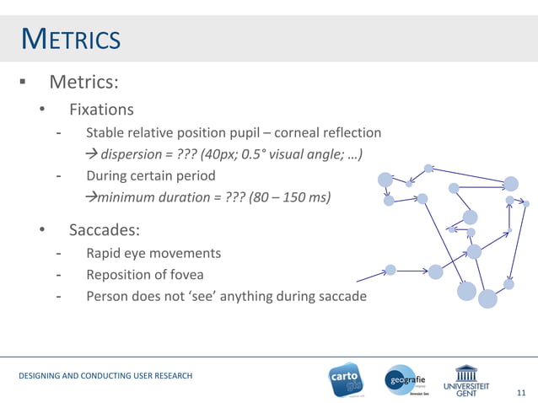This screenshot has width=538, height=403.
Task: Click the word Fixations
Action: (101, 110)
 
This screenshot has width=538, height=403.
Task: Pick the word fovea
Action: (185, 274)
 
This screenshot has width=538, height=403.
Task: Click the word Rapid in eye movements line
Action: (105, 253)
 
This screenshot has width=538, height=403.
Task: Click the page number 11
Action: (520, 392)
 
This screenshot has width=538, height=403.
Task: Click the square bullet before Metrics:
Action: (24, 83)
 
